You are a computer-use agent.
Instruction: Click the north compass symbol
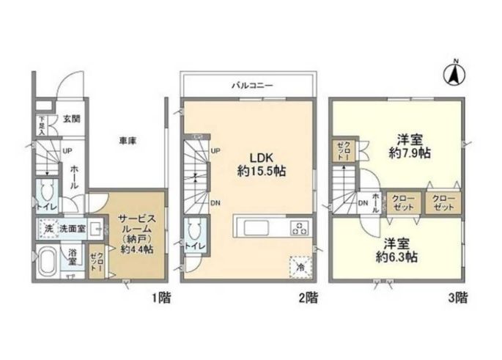(x=454, y=73)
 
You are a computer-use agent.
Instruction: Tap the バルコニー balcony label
(x=253, y=86)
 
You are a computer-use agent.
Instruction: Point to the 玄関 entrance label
(x=71, y=120)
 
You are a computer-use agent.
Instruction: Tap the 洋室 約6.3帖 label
(x=396, y=251)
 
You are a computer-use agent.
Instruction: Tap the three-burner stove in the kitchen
(x=299, y=227)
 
